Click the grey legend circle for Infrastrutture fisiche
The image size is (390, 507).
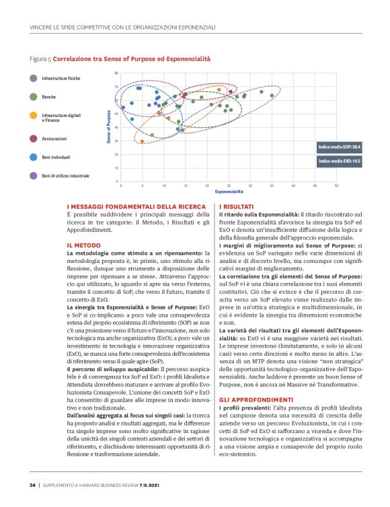point(33,78)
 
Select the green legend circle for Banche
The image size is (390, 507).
point(33,97)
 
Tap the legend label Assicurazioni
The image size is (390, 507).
point(54,138)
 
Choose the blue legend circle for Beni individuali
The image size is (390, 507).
point(33,157)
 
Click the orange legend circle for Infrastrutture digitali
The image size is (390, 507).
point(33,118)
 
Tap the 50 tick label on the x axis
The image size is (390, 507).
point(336,186)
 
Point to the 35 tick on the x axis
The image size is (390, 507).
point(272,186)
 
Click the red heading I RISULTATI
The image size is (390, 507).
point(235,206)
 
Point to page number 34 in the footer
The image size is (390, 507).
point(32,483)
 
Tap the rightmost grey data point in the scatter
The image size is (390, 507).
point(272,95)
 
